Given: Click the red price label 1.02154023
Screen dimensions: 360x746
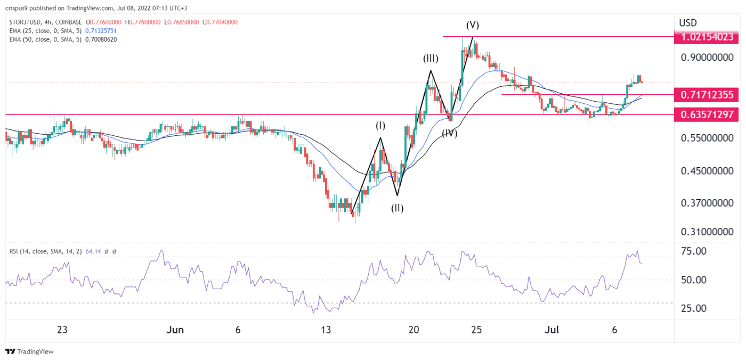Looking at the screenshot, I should pyautogui.click(x=707, y=37).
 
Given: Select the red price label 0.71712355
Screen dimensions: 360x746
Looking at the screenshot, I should pyautogui.click(x=707, y=95).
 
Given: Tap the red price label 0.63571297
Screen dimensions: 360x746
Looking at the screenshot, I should pyautogui.click(x=707, y=114).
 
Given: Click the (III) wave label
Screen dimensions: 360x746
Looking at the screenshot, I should pyautogui.click(x=431, y=59).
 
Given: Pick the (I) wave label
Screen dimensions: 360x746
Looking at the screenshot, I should pyautogui.click(x=380, y=126).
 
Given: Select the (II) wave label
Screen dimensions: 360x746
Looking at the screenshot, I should pyautogui.click(x=397, y=208).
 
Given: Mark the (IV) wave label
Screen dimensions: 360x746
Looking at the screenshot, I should pyautogui.click(x=449, y=133).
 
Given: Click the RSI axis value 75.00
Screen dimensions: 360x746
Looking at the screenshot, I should pyautogui.click(x=694, y=251).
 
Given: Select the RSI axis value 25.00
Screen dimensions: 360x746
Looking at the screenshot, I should pyautogui.click(x=694, y=308).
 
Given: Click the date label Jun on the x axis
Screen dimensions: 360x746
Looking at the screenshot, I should pyautogui.click(x=175, y=330).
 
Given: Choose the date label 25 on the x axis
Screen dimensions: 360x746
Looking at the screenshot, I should pyautogui.click(x=476, y=330).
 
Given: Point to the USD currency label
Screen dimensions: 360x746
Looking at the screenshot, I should pyautogui.click(x=688, y=23).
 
